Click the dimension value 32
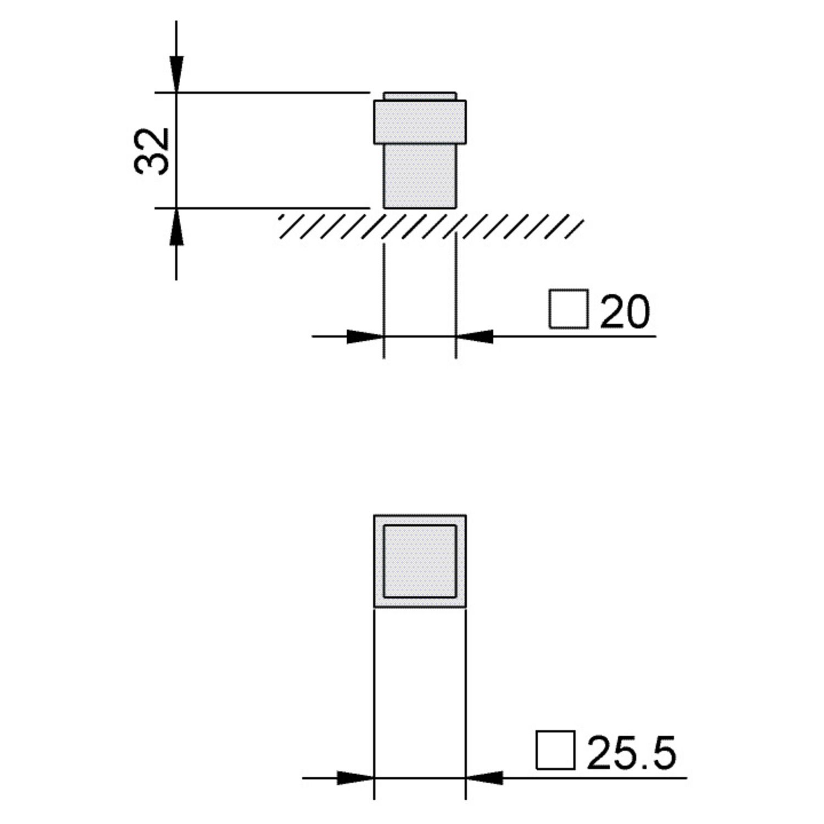click(x=152, y=151)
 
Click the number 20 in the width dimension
click(x=625, y=311)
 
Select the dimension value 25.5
click(x=631, y=753)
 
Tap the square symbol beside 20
click(x=569, y=309)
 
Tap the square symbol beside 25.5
click(x=555, y=750)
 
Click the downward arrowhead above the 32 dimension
click(x=176, y=74)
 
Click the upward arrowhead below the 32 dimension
click(x=176, y=226)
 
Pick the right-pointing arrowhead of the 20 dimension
click(x=364, y=336)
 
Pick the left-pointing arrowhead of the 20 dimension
click(x=475, y=336)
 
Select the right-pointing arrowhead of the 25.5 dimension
click(x=355, y=778)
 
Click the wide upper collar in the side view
click(x=420, y=122)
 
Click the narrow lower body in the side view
click(x=420, y=176)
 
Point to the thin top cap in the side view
click(x=420, y=96)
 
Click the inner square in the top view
click(x=420, y=561)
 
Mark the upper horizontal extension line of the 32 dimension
click(x=264, y=92)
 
